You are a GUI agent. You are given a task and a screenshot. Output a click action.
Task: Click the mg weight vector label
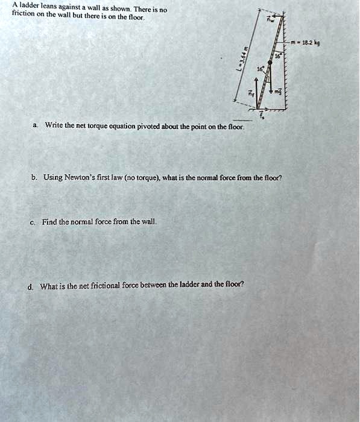point(278,92)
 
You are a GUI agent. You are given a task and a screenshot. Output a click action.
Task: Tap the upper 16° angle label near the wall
point(278,55)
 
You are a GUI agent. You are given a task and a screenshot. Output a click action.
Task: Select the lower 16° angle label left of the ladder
point(260,70)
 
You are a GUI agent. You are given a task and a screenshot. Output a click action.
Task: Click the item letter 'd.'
point(30,286)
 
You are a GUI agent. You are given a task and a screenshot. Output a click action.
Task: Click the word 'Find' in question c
point(49,222)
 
